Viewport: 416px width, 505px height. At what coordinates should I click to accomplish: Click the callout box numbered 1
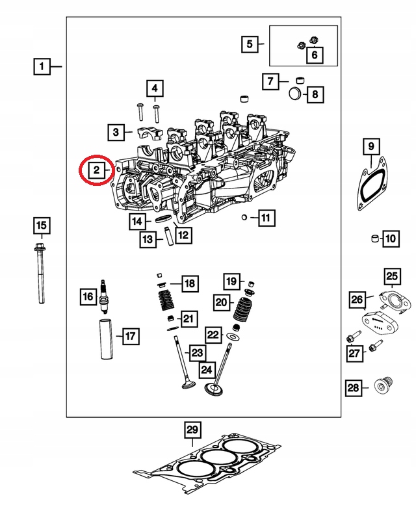coord(42,66)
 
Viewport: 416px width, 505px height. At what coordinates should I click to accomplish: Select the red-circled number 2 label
coord(96,170)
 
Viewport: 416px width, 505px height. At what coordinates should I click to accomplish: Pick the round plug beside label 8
coord(296,95)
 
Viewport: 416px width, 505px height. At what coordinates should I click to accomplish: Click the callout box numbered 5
coord(249,45)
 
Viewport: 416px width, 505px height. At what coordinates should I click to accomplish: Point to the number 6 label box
coord(314,55)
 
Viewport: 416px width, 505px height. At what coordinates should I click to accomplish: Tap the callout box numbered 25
coord(392,278)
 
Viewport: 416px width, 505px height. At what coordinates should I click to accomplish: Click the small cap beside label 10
coord(374,239)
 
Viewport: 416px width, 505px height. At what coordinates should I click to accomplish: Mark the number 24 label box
coord(207,370)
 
